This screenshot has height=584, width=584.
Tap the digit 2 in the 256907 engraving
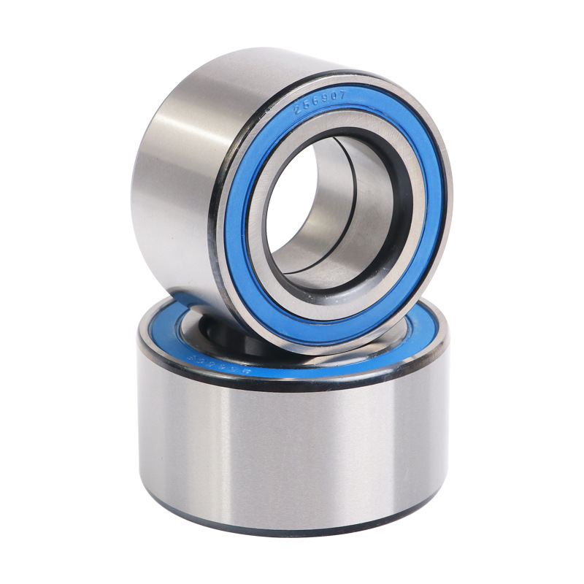pyautogui.click(x=297, y=110)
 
